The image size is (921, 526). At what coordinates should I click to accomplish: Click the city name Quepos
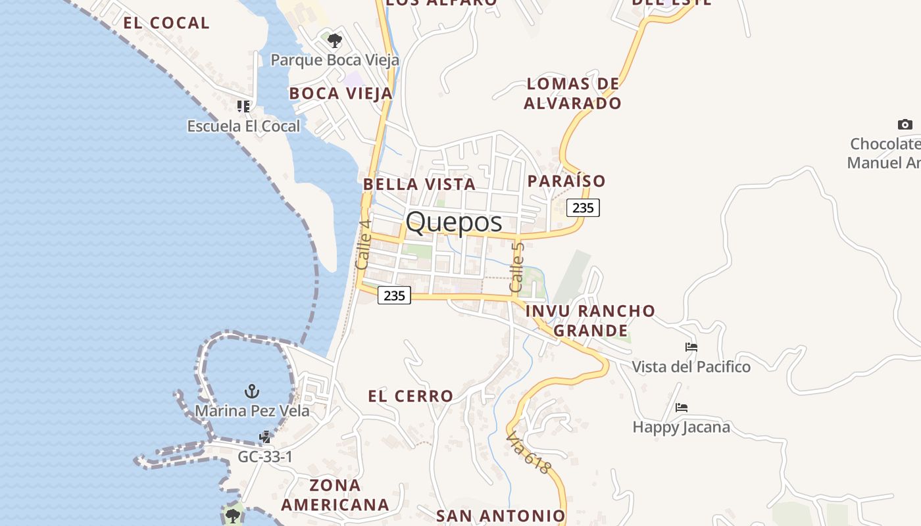453,222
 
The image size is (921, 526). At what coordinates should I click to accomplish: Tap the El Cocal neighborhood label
166,23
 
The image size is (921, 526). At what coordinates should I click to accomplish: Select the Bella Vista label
419,184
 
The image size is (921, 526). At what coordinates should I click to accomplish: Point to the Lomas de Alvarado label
573,93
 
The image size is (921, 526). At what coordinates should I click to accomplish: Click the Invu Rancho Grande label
591,320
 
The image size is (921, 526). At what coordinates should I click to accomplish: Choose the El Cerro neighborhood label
411,396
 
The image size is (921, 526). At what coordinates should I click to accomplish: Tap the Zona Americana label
336,495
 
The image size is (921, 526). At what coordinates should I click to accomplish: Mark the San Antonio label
501,516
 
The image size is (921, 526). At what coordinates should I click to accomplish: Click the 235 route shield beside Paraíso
583,208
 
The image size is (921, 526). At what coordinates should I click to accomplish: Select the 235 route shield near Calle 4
394,295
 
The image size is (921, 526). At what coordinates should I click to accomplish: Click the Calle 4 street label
363,244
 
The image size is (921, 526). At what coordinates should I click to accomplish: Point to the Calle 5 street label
517,267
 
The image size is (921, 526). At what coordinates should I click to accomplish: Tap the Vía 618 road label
528,452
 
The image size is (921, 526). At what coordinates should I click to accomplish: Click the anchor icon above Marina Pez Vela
251,392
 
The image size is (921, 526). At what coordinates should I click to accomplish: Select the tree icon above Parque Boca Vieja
335,41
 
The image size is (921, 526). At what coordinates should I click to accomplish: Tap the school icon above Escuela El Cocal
243,106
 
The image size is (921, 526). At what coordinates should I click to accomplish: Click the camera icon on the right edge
905,124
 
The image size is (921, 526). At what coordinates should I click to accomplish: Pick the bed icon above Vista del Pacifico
691,347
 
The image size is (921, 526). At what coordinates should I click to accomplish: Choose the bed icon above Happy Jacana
682,408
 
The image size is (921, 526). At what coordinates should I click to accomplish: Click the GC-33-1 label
265,456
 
